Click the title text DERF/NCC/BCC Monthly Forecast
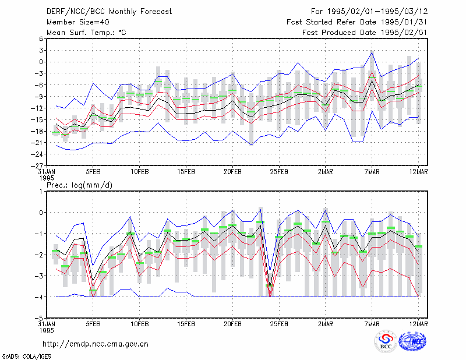(109, 12)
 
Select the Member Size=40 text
(78, 22)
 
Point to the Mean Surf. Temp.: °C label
(86, 33)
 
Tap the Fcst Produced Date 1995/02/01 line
(365, 33)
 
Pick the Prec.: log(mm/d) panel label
(79, 185)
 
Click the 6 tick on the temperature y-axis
(41, 38)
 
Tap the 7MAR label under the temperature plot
(372, 172)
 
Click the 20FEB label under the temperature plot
(232, 172)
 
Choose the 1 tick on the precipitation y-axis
(41, 192)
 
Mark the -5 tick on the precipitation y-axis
(39, 318)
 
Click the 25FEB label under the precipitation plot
(279, 324)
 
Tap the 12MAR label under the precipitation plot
(418, 324)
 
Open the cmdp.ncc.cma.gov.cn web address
(96, 344)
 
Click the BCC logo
(386, 341)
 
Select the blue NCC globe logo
(412, 341)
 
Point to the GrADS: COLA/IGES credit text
(27, 356)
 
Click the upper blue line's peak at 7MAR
(372, 51)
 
